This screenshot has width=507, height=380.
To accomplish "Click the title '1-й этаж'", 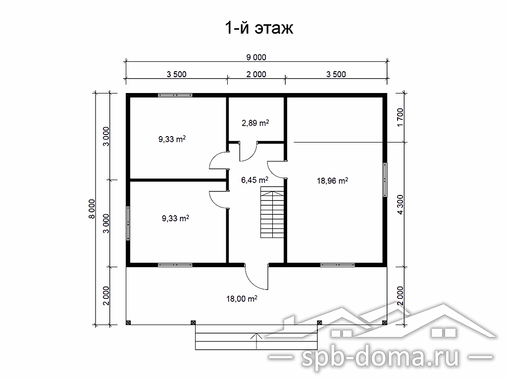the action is coord(259,28).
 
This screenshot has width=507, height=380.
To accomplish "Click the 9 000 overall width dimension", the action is coord(256,57).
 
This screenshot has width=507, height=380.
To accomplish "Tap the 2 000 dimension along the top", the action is coord(256,74).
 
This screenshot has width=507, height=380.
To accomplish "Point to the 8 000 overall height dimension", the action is coord(92,209).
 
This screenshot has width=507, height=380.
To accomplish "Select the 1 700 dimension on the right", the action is coord(400,117).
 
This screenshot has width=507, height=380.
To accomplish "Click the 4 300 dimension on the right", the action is coord(400,205).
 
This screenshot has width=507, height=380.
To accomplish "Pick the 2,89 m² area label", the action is coord(255,123).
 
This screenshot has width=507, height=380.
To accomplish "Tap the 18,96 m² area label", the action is coord(332,181).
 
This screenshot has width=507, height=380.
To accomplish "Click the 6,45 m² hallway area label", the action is coord(255,180).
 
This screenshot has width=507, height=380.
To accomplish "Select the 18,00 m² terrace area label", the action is coord(242,299).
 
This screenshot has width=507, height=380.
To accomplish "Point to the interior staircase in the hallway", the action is coord(272,214).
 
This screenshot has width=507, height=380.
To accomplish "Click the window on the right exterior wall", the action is coord(385,180).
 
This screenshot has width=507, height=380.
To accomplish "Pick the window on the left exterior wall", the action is coord(128,223).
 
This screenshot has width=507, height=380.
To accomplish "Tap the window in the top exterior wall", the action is coord(175,95).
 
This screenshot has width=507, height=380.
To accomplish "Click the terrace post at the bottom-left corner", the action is coord(128,323).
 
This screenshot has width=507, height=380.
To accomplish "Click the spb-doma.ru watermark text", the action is coord(381,356).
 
